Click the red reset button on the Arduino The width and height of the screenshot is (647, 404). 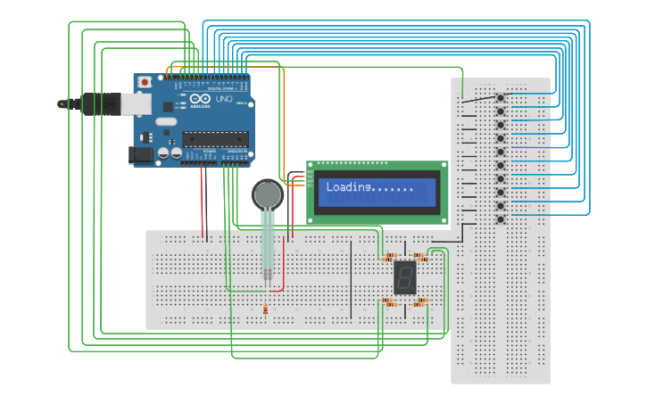coord(145,82)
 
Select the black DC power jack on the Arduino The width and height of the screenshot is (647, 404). coord(140,154)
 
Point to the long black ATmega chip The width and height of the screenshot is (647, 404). coord(214,138)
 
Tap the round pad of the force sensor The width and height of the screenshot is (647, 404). coord(267,194)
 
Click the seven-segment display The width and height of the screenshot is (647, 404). coord(405,277)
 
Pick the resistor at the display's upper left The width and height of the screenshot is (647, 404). coord(387,257)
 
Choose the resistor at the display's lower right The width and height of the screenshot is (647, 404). coord(420,301)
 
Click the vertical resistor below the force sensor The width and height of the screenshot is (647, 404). coord(266,309)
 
